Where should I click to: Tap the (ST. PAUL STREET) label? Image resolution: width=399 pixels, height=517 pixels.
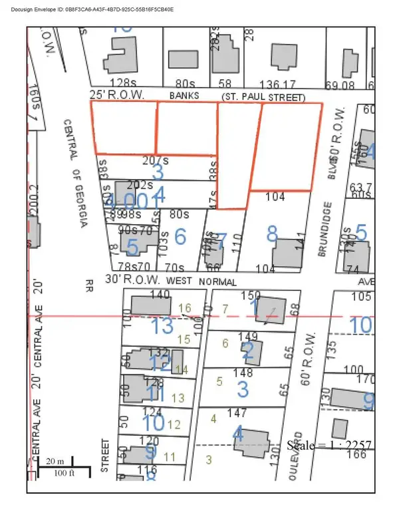point(263,97)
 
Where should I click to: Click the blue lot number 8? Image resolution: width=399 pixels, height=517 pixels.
point(271,234)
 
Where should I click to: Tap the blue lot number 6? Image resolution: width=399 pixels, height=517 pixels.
point(180,236)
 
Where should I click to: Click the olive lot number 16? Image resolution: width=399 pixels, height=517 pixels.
point(186,307)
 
